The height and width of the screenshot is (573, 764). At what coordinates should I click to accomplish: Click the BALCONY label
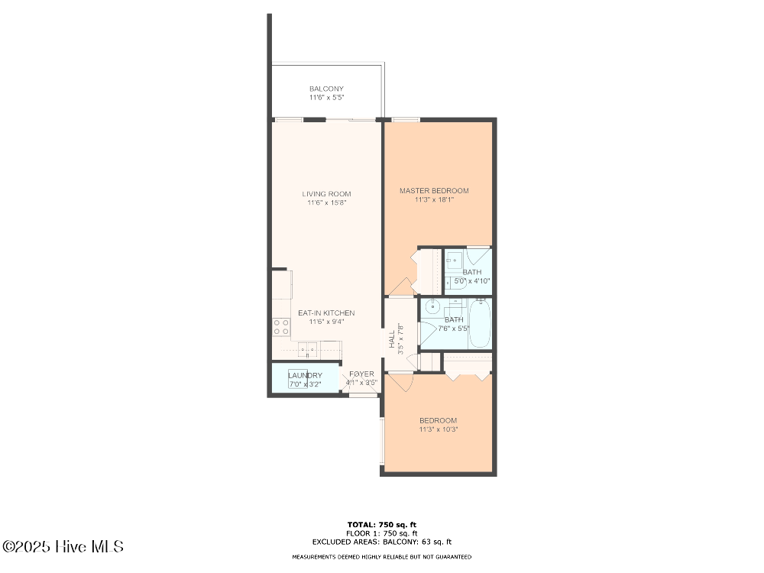326,89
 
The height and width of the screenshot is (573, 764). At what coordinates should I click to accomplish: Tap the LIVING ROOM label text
326,194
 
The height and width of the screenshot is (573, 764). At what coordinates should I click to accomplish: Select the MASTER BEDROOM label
434,191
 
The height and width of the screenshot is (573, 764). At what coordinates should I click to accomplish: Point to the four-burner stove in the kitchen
281,327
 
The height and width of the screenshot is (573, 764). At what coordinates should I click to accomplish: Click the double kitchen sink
309,351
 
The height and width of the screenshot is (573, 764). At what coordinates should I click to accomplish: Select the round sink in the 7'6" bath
432,307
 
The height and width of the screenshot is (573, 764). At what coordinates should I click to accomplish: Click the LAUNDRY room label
305,375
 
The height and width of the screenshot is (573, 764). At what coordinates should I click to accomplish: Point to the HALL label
392,338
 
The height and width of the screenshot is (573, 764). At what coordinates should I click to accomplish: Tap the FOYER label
361,374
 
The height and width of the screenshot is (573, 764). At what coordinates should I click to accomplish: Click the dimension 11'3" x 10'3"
438,429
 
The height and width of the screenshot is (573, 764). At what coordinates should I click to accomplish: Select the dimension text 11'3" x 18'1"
434,200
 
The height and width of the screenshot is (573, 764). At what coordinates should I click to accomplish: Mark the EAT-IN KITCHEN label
326,313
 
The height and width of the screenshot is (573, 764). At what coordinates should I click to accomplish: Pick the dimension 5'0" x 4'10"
471,281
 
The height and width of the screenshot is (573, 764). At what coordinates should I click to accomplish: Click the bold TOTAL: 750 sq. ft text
382,524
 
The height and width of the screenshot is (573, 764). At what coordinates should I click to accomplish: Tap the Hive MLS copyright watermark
63,547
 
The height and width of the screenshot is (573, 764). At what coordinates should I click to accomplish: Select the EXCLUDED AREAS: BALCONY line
382,541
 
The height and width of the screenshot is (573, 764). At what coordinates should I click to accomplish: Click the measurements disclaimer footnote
382,557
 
